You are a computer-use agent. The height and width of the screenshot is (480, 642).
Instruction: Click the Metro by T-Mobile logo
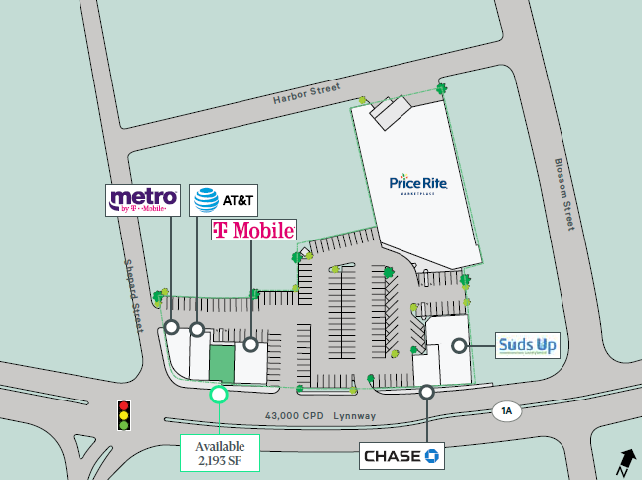pos(144,200)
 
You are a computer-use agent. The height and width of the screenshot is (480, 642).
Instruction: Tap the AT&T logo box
pos(224,201)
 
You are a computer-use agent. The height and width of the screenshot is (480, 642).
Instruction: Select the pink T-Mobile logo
pos(253,231)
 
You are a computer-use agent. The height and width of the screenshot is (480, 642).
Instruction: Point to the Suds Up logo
pos(529,346)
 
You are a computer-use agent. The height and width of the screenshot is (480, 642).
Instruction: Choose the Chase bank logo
pos(401,456)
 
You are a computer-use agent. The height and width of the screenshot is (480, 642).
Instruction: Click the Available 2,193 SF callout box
pos(220,453)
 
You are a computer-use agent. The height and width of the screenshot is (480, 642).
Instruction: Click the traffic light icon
pos(124,415)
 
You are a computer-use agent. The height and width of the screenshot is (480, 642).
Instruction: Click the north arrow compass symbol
pos(626,460)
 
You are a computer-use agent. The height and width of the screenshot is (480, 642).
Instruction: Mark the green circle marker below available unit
pos(219,394)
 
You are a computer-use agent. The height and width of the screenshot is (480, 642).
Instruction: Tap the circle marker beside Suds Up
pos(459,346)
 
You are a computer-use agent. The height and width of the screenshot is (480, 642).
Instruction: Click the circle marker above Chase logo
pos(426,393)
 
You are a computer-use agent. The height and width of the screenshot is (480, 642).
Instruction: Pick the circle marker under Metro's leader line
pos(172,327)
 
